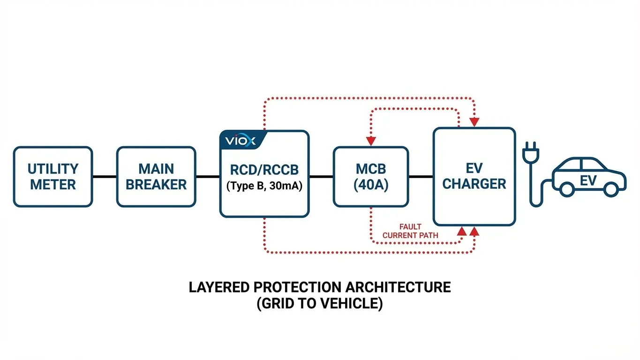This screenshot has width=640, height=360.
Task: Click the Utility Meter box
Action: [x=53, y=176]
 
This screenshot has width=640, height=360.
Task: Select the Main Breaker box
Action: [x=156, y=176]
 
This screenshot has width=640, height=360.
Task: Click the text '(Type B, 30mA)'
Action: [x=264, y=186]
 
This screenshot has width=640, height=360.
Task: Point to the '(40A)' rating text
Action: [x=370, y=185]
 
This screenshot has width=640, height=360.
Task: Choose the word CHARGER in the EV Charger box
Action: [x=474, y=184]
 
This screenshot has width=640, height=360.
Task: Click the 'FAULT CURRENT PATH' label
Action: [x=410, y=231]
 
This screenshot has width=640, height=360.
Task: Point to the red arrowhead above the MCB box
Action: [x=371, y=141]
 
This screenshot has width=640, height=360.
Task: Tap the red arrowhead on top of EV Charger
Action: [x=474, y=122]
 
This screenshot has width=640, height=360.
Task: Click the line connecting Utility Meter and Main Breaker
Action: [x=104, y=176]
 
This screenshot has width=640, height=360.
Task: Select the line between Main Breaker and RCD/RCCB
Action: [x=207, y=176]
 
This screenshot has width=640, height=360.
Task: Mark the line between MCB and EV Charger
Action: [x=421, y=176]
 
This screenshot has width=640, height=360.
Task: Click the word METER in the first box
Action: [x=53, y=184]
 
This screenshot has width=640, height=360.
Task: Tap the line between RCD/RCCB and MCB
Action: [x=321, y=176]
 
